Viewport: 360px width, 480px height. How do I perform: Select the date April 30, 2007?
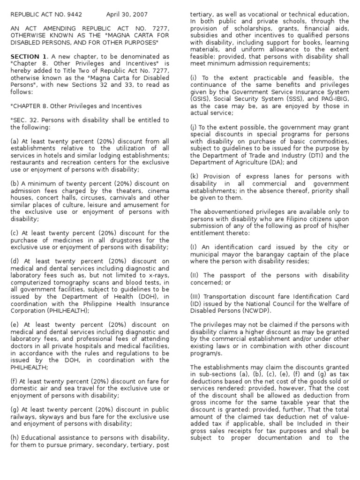tap(125, 14)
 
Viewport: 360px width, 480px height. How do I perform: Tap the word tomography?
tap(67, 282)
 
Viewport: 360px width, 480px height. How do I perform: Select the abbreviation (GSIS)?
tap(201, 99)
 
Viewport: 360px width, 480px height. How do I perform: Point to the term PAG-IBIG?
tap(323, 99)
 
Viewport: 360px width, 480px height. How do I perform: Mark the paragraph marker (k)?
tap(195, 176)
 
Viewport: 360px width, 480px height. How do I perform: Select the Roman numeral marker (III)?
tap(196, 296)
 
